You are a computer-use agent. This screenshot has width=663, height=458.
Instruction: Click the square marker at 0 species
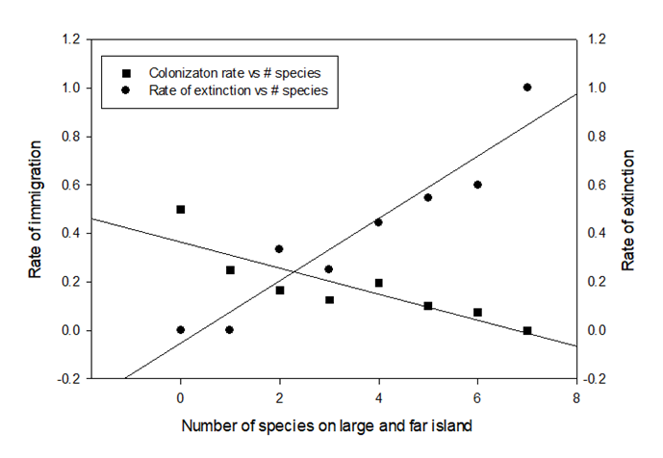point(180,209)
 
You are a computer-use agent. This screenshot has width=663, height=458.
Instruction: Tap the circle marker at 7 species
point(527,88)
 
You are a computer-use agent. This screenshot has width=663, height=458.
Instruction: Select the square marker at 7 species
point(527,330)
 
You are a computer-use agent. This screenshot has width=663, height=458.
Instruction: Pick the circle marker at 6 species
point(477,185)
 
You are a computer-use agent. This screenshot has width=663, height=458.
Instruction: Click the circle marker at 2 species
point(279,248)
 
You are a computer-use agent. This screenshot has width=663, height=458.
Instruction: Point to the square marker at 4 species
point(378,283)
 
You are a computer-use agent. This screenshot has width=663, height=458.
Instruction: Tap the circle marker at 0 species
point(180,330)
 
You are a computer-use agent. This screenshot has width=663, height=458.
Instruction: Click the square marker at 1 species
point(230,269)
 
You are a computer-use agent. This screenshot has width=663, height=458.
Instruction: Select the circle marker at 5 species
point(428,197)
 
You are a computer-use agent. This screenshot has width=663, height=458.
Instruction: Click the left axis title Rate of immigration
point(35,209)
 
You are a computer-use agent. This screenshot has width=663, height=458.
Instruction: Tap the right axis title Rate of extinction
point(628,209)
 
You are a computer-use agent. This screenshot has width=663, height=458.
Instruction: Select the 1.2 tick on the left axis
point(67,39)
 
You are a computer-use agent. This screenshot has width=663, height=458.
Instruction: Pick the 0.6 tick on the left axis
point(67,185)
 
